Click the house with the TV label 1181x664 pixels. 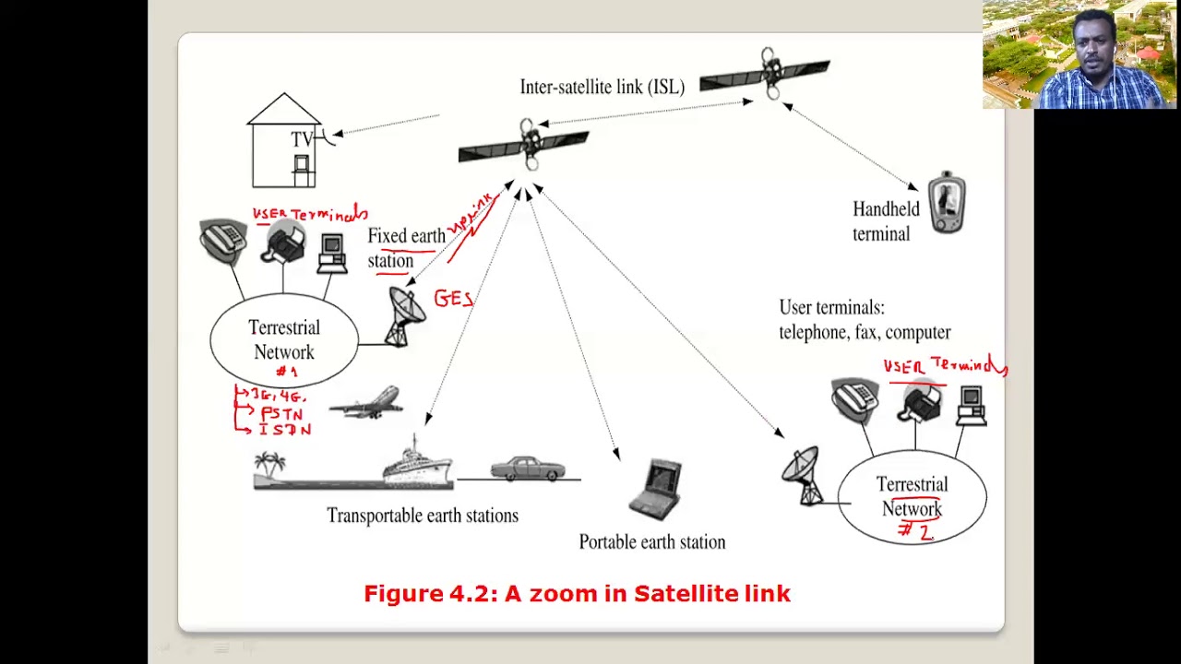coord(285,143)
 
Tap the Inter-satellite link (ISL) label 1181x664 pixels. coord(602,87)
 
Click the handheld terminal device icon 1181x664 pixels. coord(946,202)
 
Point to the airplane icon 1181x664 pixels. coord(366,404)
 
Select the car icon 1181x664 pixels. coord(527,468)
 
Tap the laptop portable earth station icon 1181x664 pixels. coord(656,488)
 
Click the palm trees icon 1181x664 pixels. coord(270,466)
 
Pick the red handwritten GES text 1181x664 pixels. coord(453,299)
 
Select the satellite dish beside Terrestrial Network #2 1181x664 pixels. coord(802,475)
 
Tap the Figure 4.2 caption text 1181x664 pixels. coord(577,593)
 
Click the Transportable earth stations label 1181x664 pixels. coord(422,516)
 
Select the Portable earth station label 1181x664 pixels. coord(651,542)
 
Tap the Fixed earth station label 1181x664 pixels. coord(405,248)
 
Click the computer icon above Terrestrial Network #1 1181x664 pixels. coord(331,253)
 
